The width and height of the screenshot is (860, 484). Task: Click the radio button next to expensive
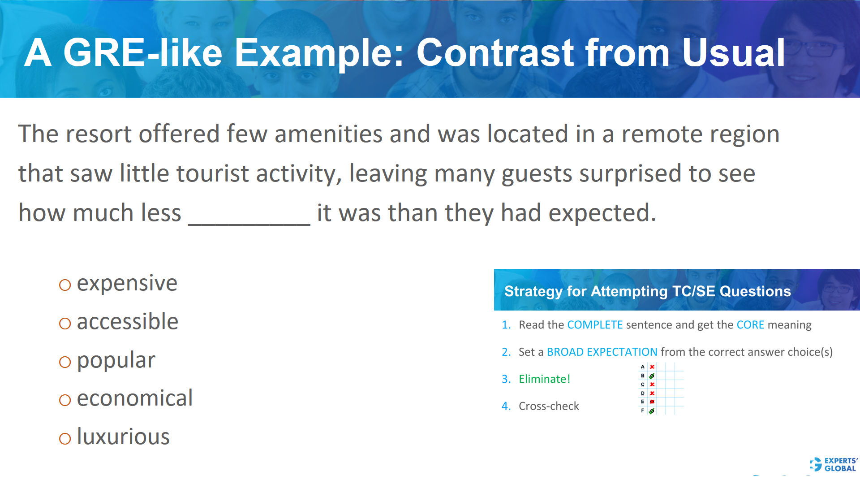click(x=65, y=285)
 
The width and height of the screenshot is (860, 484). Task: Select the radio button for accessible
click(x=65, y=324)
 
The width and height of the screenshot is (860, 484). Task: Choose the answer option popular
click(x=116, y=360)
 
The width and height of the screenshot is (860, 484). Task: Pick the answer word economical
click(x=134, y=398)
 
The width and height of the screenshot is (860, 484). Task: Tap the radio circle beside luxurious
click(x=65, y=438)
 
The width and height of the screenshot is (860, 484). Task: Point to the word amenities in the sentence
click(x=328, y=134)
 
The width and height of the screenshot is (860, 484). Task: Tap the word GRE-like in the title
click(x=143, y=53)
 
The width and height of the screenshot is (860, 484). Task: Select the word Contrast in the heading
click(x=495, y=53)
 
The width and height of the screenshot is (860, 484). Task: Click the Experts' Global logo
click(x=834, y=464)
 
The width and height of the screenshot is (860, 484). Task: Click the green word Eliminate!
click(x=544, y=379)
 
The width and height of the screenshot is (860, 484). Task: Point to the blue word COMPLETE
click(x=595, y=325)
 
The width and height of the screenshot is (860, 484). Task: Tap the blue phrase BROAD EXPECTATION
click(x=602, y=352)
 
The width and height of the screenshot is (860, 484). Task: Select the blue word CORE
click(x=750, y=325)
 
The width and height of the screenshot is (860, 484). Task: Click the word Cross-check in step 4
click(x=549, y=406)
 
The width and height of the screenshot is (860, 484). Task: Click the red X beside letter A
click(x=652, y=367)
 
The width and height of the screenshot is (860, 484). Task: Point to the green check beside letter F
click(x=652, y=411)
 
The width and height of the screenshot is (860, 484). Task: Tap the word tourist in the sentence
click(x=212, y=174)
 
